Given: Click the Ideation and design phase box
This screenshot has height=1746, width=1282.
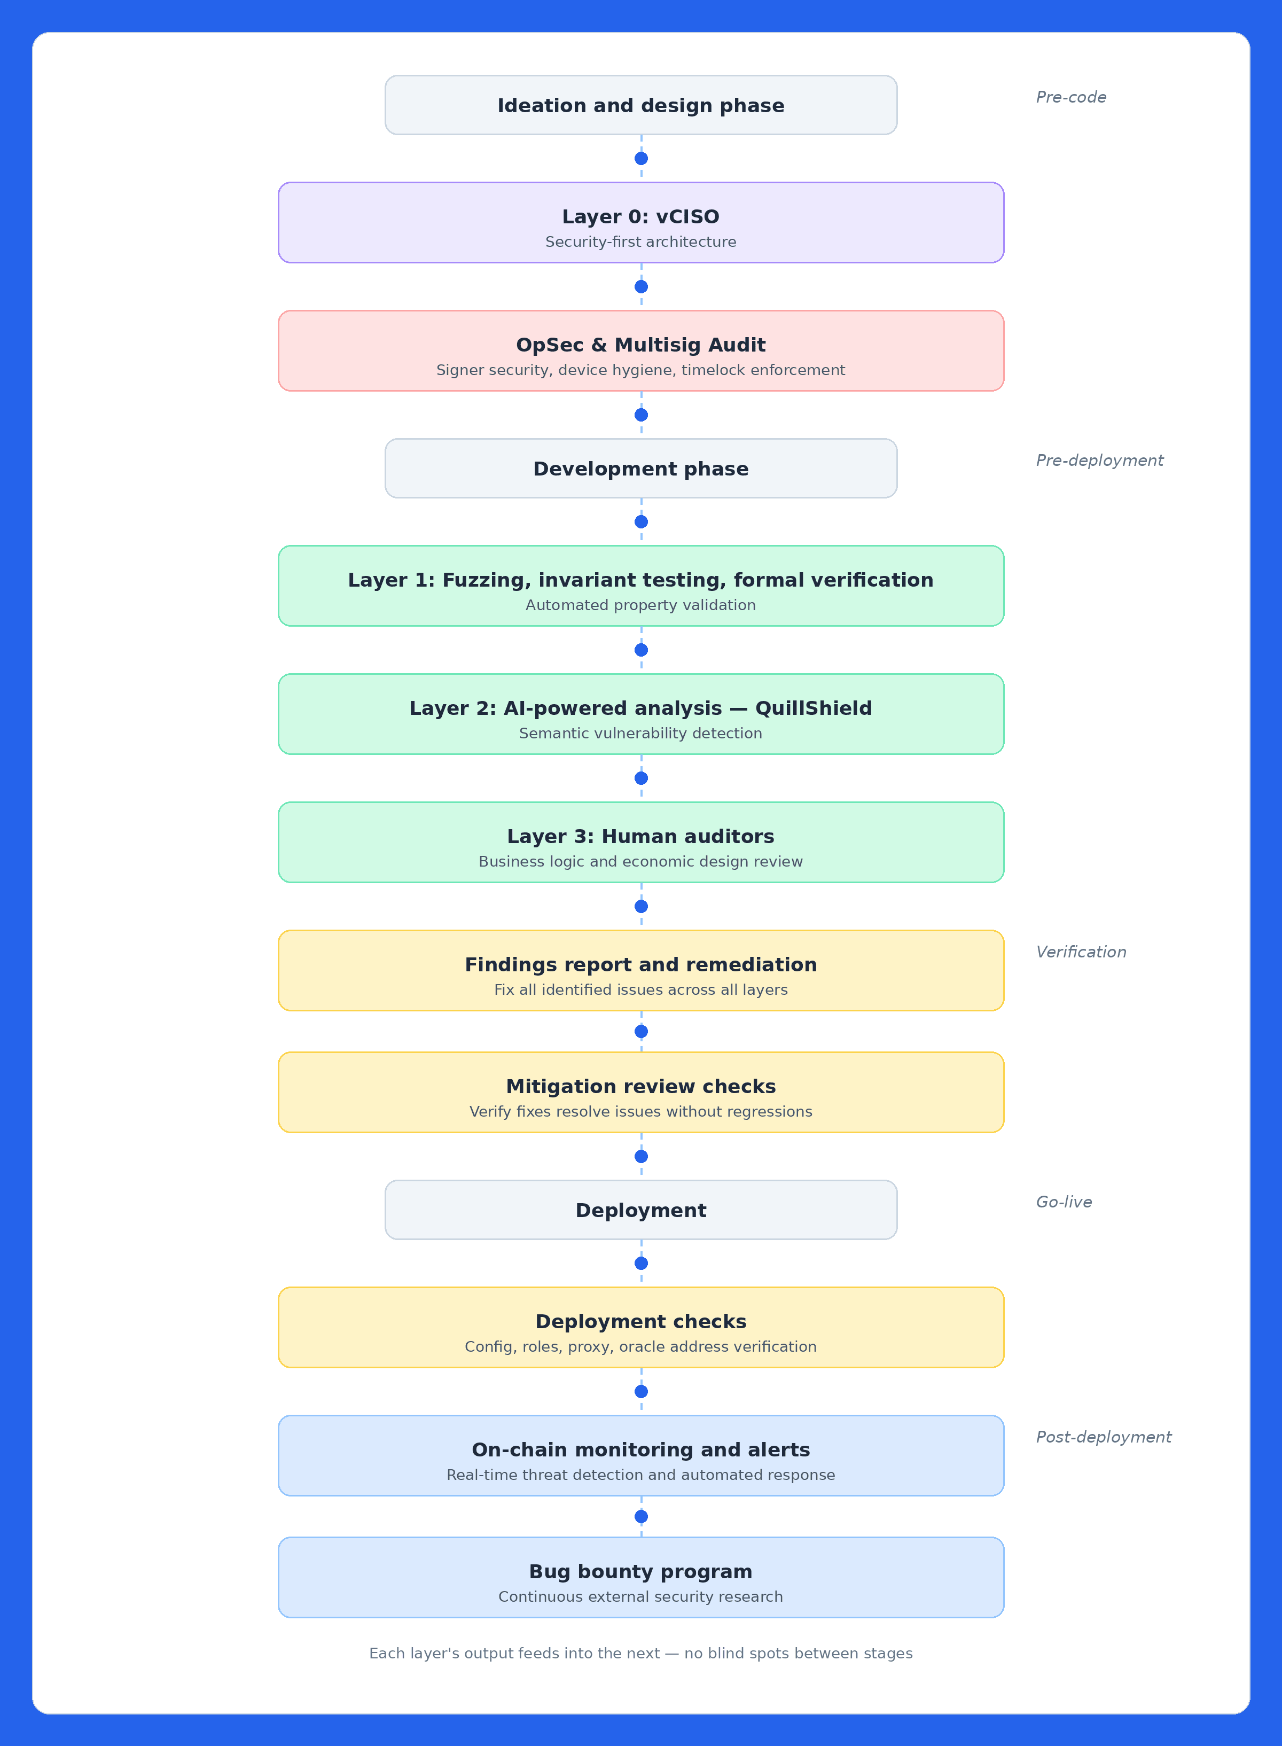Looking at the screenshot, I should click(x=640, y=106).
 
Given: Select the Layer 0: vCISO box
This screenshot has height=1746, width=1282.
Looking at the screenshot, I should click(x=640, y=223).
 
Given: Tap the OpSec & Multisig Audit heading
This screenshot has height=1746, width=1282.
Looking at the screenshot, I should click(x=640, y=345).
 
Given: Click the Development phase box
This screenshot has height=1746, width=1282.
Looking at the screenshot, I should click(x=640, y=469).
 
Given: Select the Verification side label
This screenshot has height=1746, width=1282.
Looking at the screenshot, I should click(x=1080, y=952).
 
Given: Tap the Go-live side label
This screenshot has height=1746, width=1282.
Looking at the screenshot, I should click(x=1063, y=1202).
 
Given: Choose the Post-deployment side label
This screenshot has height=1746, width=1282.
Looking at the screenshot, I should click(x=1103, y=1437).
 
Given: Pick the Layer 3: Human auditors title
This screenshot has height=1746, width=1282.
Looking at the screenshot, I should click(x=640, y=837).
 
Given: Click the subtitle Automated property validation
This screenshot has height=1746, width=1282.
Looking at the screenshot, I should click(x=640, y=605).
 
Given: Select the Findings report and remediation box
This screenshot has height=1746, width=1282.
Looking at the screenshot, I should click(x=640, y=970).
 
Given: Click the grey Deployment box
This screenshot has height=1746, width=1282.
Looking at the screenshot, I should click(x=640, y=1211).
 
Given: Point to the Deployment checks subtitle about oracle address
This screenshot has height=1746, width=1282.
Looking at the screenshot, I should click(x=640, y=1346).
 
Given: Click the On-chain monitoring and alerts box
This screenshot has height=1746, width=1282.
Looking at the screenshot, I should click(x=640, y=1456).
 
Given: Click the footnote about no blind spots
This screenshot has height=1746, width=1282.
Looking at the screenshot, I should click(x=640, y=1654).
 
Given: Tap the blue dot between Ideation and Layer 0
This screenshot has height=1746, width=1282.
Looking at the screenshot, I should click(x=641, y=158).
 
